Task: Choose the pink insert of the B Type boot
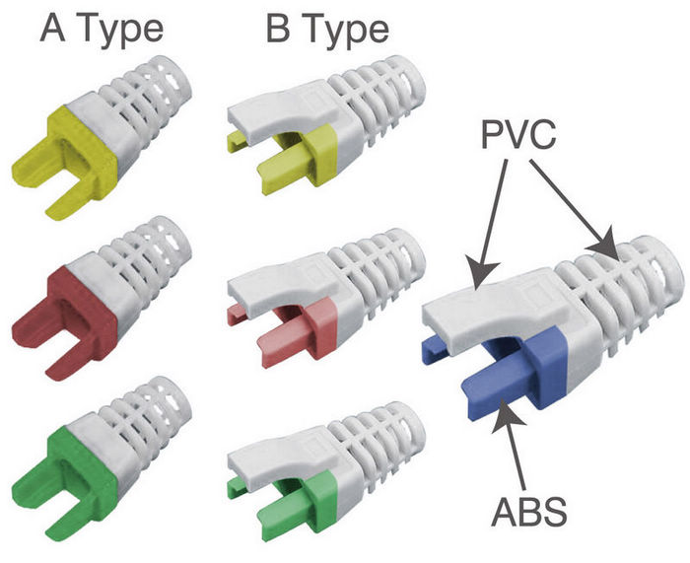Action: [x=310, y=320]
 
